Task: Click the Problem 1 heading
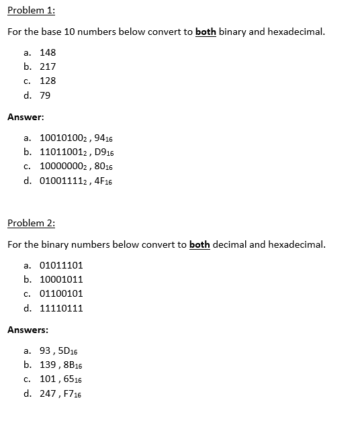click(x=31, y=11)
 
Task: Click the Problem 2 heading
click(x=31, y=223)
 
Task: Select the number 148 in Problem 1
click(x=48, y=52)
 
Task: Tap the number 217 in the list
click(x=48, y=66)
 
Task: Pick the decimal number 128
click(x=48, y=81)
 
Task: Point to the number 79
click(x=45, y=95)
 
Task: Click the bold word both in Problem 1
click(x=206, y=32)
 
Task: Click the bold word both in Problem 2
click(x=199, y=244)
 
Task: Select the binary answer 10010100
click(x=62, y=138)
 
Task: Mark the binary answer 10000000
click(x=62, y=167)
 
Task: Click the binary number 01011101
click(x=61, y=265)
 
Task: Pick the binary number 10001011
click(x=61, y=279)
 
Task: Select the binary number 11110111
click(x=61, y=308)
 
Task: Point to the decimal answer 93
click(x=46, y=350)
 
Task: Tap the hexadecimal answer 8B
click(x=73, y=365)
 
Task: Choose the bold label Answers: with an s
click(x=28, y=330)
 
